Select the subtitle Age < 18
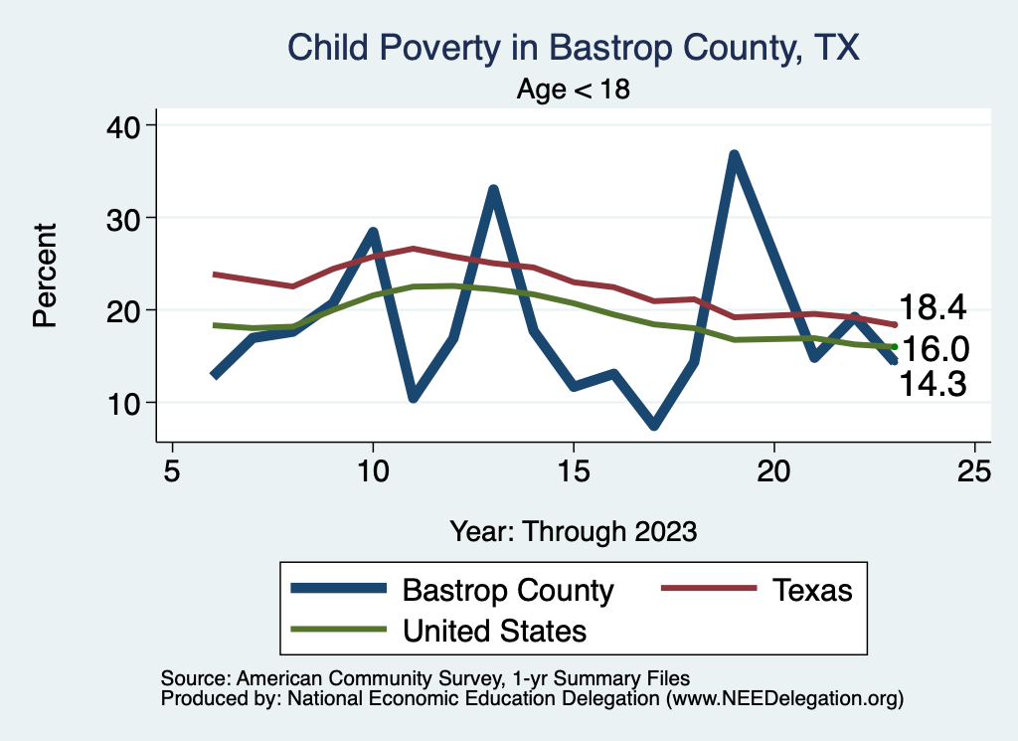point(574,89)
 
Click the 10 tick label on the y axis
point(123,404)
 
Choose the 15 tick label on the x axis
point(574,470)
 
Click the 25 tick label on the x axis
point(974,470)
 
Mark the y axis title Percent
point(45,276)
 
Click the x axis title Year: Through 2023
point(574,531)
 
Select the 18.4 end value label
point(933,307)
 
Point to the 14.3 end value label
point(933,384)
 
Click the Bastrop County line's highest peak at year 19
point(735,156)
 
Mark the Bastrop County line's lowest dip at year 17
point(654,425)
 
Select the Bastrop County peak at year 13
point(493,190)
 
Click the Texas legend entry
point(757,591)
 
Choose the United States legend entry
point(438,631)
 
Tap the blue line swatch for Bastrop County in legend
point(338,589)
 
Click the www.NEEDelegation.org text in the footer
point(784,699)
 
